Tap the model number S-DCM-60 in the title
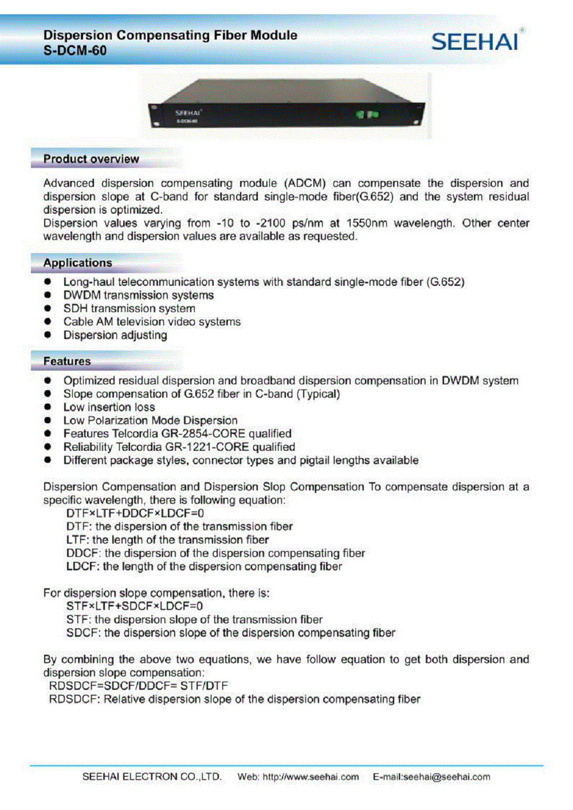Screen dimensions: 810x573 pyautogui.click(x=74, y=50)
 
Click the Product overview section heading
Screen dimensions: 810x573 pyautogui.click(x=91, y=159)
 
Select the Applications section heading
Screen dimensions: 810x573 pyautogui.click(x=77, y=262)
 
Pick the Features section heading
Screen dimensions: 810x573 pyautogui.click(x=66, y=361)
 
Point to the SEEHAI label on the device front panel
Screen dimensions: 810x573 pyautogui.click(x=188, y=113)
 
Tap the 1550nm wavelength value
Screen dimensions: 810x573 pyautogui.click(x=367, y=223)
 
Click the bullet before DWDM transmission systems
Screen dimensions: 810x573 pyautogui.click(x=48, y=295)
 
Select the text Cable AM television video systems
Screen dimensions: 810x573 pyautogui.click(x=152, y=321)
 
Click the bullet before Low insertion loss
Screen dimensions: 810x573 pyautogui.click(x=48, y=407)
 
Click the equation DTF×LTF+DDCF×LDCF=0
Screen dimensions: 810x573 pyautogui.click(x=135, y=513)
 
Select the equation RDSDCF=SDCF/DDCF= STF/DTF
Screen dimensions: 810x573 pyautogui.click(x=138, y=685)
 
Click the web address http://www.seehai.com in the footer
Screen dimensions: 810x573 pyautogui.click(x=311, y=777)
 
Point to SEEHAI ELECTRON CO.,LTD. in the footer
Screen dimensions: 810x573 pyautogui.click(x=152, y=777)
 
